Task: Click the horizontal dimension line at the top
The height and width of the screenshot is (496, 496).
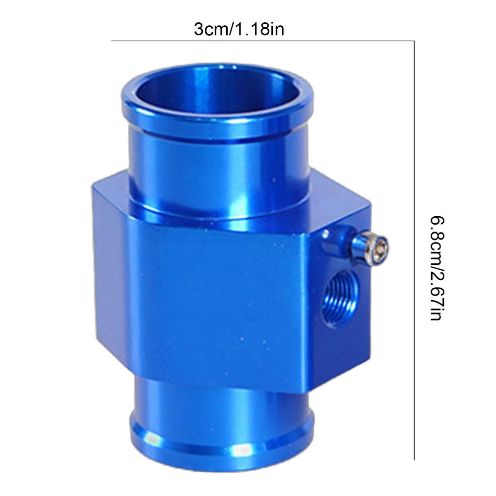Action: (x=263, y=41)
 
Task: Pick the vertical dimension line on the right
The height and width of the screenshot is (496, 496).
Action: (x=414, y=248)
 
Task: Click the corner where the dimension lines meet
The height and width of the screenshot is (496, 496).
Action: (x=414, y=41)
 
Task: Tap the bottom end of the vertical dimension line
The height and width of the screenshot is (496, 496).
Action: (x=414, y=459)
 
